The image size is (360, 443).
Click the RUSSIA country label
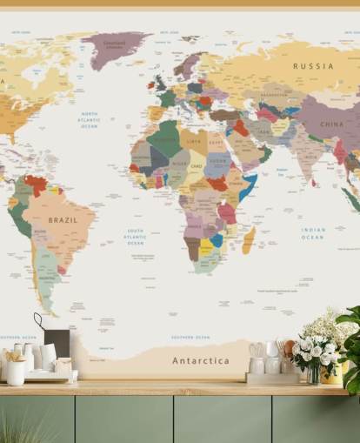coord(313,66)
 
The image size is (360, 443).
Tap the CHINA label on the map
coord(331,124)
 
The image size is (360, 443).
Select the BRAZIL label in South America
coord(63,220)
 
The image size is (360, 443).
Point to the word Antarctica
coord(201,360)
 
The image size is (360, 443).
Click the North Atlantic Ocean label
coord(90,120)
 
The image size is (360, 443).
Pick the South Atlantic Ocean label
coord(135,238)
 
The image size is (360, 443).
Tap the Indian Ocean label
coord(312,233)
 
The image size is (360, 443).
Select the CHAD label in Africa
coord(197,165)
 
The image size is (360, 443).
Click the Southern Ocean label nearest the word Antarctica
coord(190,337)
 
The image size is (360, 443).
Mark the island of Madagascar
coord(249,238)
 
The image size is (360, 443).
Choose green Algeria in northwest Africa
coord(164,138)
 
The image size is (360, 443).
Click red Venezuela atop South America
coord(36,184)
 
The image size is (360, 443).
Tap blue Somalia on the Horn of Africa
coord(248,186)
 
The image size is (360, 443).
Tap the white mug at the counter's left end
coord(16,373)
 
